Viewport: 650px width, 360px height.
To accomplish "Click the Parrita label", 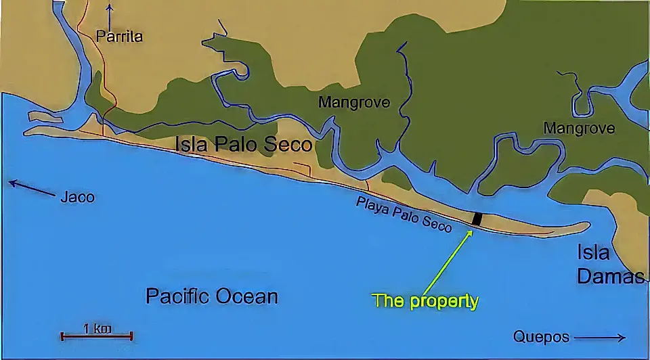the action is coord(119,37).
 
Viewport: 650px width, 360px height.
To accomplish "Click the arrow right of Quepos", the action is coord(601,337).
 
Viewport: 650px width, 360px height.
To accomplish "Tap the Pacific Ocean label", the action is coord(212,296).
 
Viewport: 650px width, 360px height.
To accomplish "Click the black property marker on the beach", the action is coord(477,219).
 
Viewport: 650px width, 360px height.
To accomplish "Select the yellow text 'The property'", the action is coord(426,301).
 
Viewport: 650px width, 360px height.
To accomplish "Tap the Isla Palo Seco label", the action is coord(244,144).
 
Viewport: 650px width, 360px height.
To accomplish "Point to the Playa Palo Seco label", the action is coord(404,213).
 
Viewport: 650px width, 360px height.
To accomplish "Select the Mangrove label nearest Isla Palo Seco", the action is coord(354,103).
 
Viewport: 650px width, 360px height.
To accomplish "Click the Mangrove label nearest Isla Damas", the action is coord(579,128).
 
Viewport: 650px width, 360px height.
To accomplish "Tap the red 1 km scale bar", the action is coord(97,336).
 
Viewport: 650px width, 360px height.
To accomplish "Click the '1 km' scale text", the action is coord(97,328).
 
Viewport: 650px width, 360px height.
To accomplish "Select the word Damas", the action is coord(611,276).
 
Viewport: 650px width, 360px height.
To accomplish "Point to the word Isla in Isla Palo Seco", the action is coord(192,144).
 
